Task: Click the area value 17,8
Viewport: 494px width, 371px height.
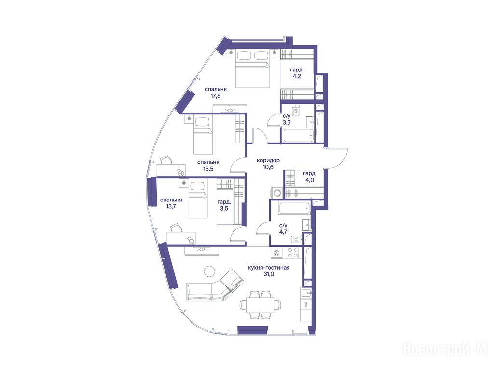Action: click(216, 96)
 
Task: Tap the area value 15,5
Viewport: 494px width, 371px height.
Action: click(208, 169)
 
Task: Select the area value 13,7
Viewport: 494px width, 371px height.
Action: click(171, 206)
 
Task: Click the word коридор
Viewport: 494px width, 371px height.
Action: click(268, 160)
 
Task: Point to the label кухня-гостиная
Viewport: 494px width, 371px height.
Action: click(269, 268)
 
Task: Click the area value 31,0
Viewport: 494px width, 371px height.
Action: click(269, 274)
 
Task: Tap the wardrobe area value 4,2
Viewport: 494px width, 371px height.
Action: click(297, 76)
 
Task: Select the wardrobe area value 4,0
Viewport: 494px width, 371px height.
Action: click(310, 180)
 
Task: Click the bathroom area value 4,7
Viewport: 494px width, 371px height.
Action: click(283, 232)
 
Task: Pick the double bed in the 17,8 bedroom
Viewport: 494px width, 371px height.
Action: click(252, 69)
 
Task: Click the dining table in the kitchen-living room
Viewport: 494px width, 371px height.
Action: click(261, 305)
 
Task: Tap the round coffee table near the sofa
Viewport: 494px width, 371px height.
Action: click(209, 271)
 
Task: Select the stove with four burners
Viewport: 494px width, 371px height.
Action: click(293, 253)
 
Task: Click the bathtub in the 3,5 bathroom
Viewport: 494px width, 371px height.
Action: click(298, 135)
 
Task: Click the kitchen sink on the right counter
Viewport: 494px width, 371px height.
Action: click(306, 294)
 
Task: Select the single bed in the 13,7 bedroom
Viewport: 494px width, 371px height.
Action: click(198, 198)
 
